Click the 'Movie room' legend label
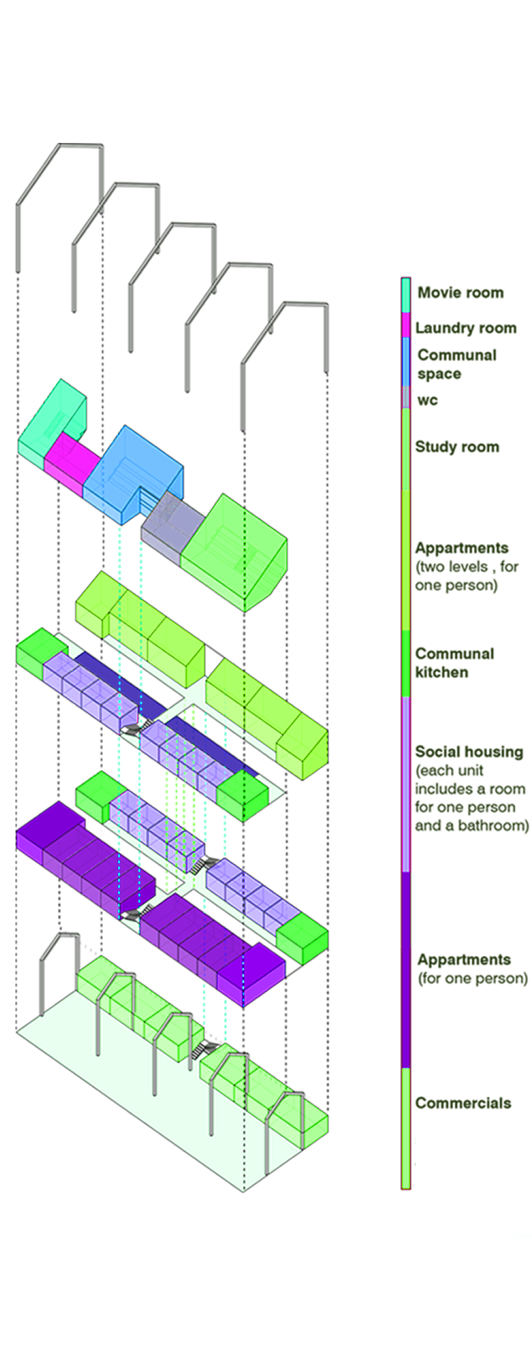[x=460, y=293]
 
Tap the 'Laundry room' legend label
[x=466, y=328]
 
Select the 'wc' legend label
[x=427, y=400]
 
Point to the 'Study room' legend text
[x=457, y=447]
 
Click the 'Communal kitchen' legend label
[x=454, y=663]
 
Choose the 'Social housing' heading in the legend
[x=469, y=751]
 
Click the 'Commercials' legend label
[x=463, y=1103]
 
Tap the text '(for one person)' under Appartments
[x=473, y=978]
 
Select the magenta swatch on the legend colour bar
[x=406, y=325]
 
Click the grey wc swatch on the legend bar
[x=406, y=397]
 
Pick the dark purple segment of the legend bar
[x=406, y=970]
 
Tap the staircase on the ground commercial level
[x=206, y=1049]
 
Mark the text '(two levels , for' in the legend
[x=467, y=566]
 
